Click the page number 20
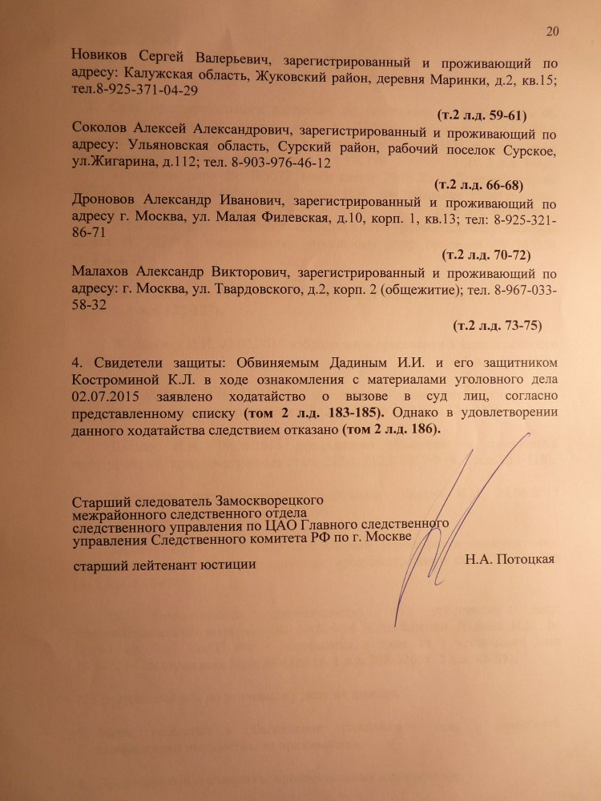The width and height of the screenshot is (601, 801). point(551,31)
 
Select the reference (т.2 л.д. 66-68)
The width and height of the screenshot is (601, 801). point(478,186)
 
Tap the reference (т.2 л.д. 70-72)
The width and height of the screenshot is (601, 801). point(487,256)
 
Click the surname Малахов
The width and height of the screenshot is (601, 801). point(101,272)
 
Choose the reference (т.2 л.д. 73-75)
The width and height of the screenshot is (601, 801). point(498,325)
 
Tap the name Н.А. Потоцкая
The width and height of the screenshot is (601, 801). point(509,558)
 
